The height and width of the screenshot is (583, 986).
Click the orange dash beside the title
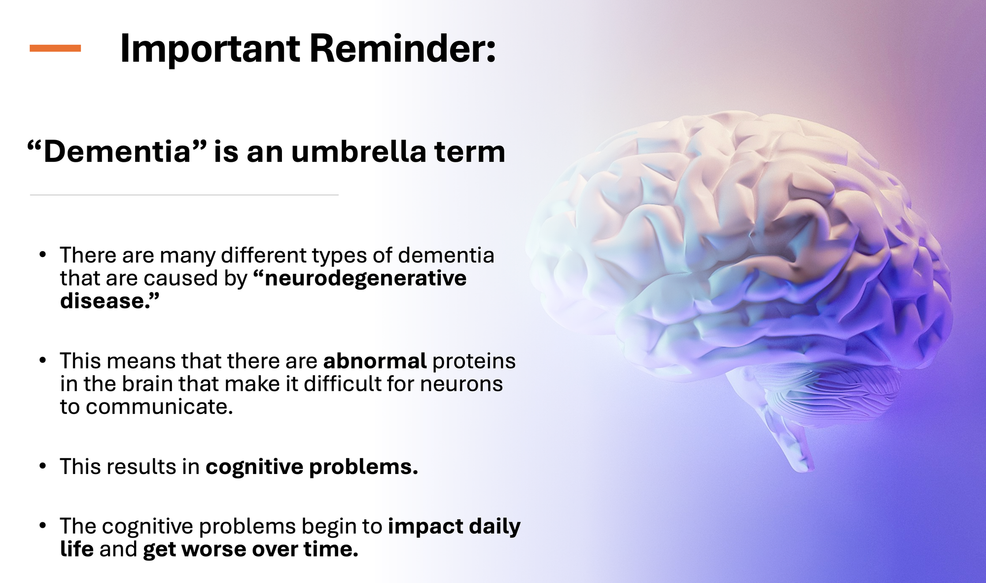point(55,48)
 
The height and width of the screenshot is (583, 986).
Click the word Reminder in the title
point(402,49)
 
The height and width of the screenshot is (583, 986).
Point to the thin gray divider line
point(184,195)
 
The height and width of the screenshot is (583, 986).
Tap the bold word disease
point(109,301)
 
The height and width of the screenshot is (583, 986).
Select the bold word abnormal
point(375,361)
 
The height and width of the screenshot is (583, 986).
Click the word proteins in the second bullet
point(474,362)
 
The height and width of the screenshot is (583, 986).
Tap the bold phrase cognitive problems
point(312,467)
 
